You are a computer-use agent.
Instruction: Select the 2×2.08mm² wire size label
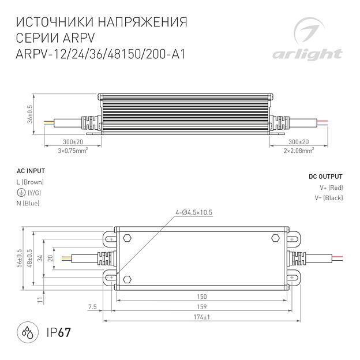(x=298, y=151)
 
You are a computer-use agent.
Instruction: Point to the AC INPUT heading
(x=31, y=171)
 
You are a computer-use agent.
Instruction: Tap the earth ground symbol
(x=21, y=193)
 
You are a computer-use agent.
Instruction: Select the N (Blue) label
(x=29, y=203)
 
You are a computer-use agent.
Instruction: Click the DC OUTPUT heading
(x=325, y=177)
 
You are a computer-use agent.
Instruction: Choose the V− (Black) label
(x=329, y=198)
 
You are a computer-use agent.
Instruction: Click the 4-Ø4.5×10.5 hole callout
(x=194, y=212)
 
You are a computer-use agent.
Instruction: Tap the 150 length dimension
(x=202, y=296)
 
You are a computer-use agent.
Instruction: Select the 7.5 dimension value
(x=92, y=306)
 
